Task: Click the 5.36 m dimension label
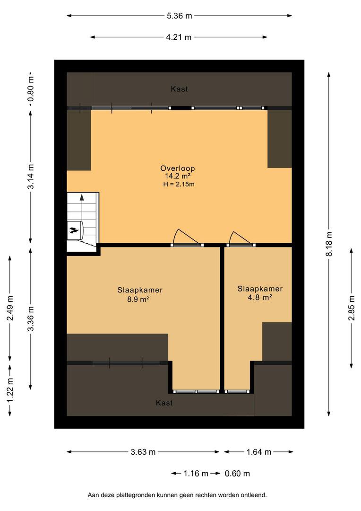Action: pos(180,16)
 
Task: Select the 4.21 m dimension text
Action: pos(179,37)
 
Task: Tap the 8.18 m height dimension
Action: pos(329,244)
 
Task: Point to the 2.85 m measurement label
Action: pos(352,308)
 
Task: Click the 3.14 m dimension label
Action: pos(31,176)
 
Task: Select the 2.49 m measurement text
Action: pos(10,308)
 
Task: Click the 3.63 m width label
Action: pos(143,452)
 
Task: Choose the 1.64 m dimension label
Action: pos(259,452)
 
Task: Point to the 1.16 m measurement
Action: pos(196,474)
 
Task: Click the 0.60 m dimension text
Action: pos(237,474)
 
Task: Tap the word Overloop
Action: pos(177,168)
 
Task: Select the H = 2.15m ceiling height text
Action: pos(179,185)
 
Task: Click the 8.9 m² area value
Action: pos(138,299)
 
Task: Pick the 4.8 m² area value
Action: pos(260,298)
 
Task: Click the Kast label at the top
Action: pos(180,89)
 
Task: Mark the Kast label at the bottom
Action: pos(164,403)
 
